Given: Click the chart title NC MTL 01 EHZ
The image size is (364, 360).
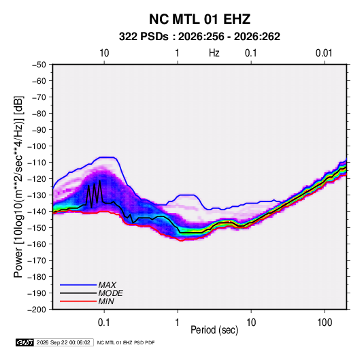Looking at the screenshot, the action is pyautogui.click(x=199, y=19).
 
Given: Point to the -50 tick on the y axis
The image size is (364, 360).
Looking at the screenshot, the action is pyautogui.click(x=39, y=65).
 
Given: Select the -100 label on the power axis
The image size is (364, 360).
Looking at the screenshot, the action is pyautogui.click(x=37, y=146).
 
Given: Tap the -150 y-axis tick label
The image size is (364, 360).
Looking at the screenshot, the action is pyautogui.click(x=37, y=228).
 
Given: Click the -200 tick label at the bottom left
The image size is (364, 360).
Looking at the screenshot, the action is pyautogui.click(x=37, y=310).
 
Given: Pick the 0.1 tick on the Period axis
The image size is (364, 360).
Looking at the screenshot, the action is pyautogui.click(x=104, y=323).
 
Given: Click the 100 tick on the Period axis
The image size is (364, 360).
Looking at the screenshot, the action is pyautogui.click(x=325, y=323).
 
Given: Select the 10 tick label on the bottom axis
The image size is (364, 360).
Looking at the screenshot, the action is pyautogui.click(x=251, y=323).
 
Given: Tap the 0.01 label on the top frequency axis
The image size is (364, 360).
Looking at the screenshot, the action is pyautogui.click(x=324, y=53).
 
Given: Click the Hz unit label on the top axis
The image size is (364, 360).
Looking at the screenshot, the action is pyautogui.click(x=214, y=53).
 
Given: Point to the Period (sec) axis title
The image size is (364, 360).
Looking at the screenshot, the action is pyautogui.click(x=214, y=330).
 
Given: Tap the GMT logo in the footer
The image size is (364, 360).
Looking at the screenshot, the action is pyautogui.click(x=25, y=342).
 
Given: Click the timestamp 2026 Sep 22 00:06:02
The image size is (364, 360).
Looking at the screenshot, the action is pyautogui.click(x=63, y=342).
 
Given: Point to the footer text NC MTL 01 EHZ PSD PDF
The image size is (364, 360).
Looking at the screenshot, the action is pyautogui.click(x=126, y=342).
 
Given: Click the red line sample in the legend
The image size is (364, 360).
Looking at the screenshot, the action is pyautogui.click(x=78, y=301).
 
